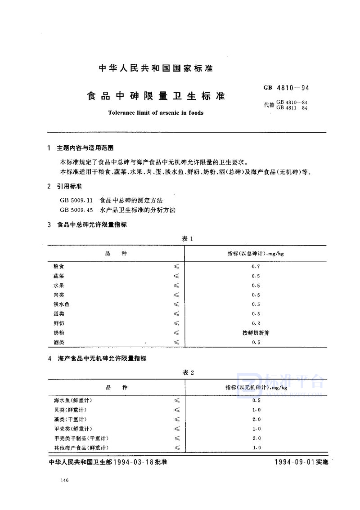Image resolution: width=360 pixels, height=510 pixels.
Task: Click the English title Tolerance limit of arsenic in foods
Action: [x=156, y=112]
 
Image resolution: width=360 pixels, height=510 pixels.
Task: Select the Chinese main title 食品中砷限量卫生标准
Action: [x=156, y=96]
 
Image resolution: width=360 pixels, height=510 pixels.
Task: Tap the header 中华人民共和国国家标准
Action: [x=156, y=69]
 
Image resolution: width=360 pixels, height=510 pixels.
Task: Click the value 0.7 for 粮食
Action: [x=256, y=266]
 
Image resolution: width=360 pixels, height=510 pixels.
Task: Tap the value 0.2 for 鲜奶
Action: [x=256, y=323]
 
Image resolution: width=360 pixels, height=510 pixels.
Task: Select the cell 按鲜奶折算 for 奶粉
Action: [x=256, y=332]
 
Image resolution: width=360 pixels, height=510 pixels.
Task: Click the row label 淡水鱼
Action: [x=61, y=304]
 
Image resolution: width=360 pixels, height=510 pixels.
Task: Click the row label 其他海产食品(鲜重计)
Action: [x=81, y=447]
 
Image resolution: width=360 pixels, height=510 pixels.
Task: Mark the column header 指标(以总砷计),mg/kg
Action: [x=256, y=254]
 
